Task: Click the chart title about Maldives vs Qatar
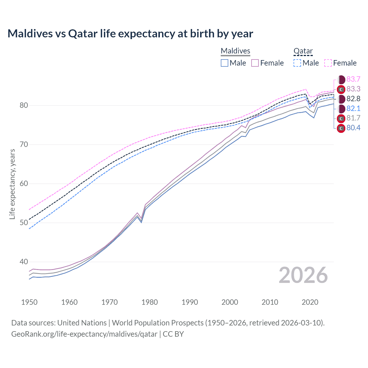point(130,34)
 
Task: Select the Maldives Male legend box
point(225,63)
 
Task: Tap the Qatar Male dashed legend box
point(298,63)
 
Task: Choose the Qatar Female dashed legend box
point(328,63)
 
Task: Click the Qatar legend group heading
point(303,51)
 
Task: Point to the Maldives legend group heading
point(235,51)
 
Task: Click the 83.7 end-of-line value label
point(353,79)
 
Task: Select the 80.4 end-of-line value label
point(353,128)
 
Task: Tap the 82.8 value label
point(353,99)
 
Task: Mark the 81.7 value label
point(353,118)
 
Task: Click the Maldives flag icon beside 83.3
point(341,89)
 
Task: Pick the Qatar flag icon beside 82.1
point(341,108)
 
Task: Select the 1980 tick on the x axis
point(149,302)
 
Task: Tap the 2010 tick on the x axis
point(270,302)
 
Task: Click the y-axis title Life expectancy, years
point(12,184)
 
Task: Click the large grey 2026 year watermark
point(303,275)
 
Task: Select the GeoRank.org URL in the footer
point(84,334)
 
